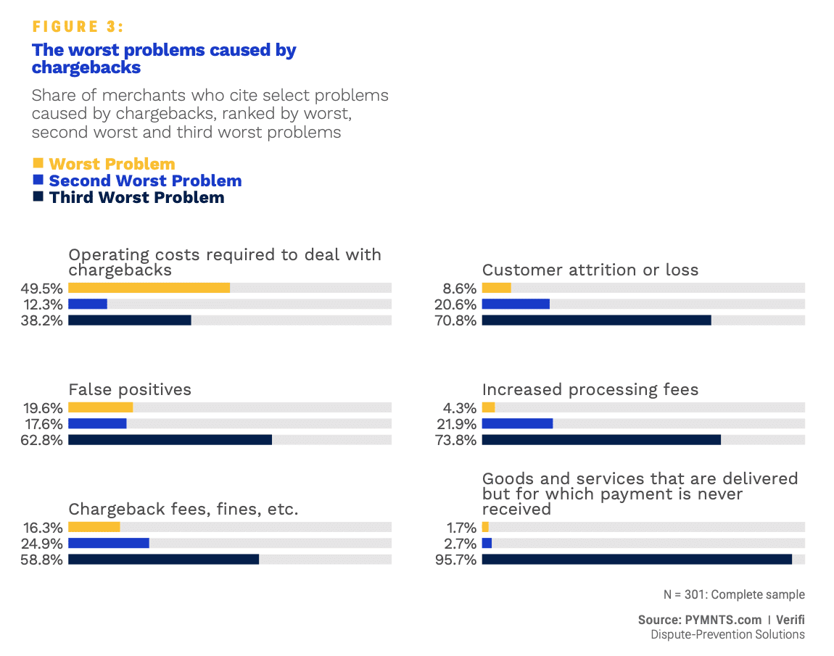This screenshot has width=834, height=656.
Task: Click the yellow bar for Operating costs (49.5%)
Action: click(149, 288)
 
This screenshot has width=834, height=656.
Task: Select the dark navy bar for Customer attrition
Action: click(596, 320)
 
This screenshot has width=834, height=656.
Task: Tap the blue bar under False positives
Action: click(97, 423)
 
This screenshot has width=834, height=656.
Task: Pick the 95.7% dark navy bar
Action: click(637, 560)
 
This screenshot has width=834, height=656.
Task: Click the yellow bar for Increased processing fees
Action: click(488, 407)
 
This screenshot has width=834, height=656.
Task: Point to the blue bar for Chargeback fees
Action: click(109, 543)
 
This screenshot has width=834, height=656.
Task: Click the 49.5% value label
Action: click(42, 288)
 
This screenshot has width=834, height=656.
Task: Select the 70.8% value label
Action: click(455, 320)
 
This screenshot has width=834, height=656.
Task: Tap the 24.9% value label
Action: click(42, 543)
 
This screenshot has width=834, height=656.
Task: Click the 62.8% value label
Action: click(42, 440)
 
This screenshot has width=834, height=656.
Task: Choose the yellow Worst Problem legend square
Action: click(38, 163)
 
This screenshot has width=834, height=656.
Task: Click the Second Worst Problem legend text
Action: click(145, 181)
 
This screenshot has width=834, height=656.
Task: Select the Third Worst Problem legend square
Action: click(38, 196)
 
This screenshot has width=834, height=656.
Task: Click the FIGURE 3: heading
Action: click(78, 27)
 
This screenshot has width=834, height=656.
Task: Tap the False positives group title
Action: click(130, 390)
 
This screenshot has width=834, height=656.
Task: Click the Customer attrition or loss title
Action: click(590, 270)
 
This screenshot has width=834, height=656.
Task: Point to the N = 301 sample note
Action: click(734, 595)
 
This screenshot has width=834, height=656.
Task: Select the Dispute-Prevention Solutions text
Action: click(727, 635)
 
